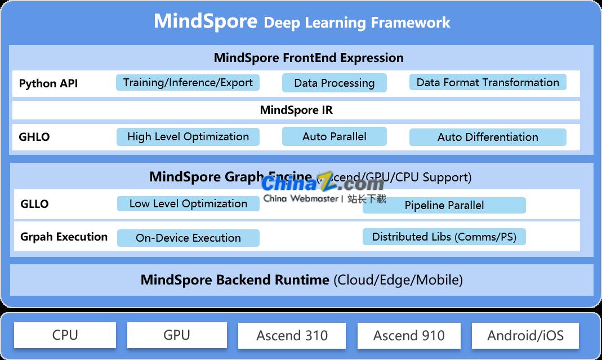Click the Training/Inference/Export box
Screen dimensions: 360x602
pyautogui.click(x=188, y=83)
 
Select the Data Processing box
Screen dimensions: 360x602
pyautogui.click(x=335, y=83)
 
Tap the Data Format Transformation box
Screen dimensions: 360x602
pyautogui.click(x=488, y=83)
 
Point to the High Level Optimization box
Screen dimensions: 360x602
pyautogui.click(x=188, y=137)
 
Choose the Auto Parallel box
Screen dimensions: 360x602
pyautogui.click(x=335, y=136)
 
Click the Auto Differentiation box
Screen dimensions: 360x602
pyautogui.click(x=488, y=137)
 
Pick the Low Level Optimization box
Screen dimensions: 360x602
pyautogui.click(x=188, y=204)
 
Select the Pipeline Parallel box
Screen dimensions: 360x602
pyautogui.click(x=444, y=205)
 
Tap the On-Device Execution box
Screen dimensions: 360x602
pyautogui.click(x=188, y=238)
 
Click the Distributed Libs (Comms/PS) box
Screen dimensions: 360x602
pyautogui.click(x=444, y=237)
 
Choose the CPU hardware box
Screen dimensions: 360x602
pyautogui.click(x=65, y=335)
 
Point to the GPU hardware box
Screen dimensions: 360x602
pyautogui.click(x=177, y=335)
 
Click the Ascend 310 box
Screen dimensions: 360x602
pyautogui.click(x=292, y=336)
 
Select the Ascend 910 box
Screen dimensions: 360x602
pyautogui.click(x=409, y=336)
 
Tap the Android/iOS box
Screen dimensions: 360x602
pyautogui.click(x=525, y=336)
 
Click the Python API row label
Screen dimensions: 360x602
pyautogui.click(x=48, y=83)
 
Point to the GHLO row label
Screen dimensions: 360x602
pyautogui.click(x=34, y=137)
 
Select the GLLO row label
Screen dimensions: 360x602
pyautogui.click(x=34, y=204)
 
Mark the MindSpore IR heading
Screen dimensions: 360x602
pyautogui.click(x=296, y=110)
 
